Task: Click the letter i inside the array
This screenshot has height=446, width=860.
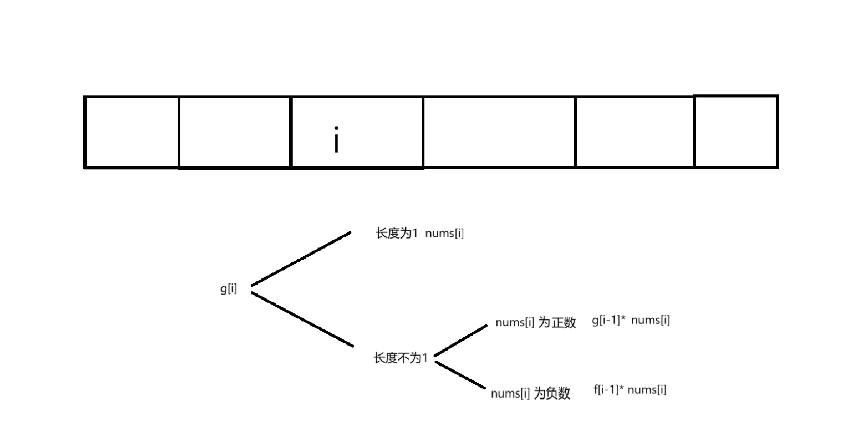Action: pos(336,140)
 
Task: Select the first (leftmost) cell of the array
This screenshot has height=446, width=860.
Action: pos(132,132)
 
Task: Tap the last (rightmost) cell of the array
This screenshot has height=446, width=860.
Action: pos(736,132)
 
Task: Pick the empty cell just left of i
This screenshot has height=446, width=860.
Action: pos(234,132)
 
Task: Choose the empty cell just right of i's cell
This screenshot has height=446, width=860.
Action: pos(499,132)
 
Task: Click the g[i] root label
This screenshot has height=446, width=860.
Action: pos(228,289)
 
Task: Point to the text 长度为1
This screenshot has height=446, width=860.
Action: pos(397,233)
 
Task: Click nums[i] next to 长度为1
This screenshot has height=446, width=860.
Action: pos(444,233)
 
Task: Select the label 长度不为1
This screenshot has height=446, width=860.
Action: pos(400,358)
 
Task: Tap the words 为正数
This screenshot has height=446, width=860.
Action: pos(557,323)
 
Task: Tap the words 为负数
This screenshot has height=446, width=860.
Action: pos(552,393)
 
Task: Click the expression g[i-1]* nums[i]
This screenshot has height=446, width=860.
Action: pos(631,320)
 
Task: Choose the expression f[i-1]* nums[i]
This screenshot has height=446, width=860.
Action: pos(630,390)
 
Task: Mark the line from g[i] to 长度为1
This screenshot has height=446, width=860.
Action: pos(301,259)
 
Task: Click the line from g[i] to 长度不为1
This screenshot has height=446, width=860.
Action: pos(302,319)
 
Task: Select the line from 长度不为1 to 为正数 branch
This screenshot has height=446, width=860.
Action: pos(461,340)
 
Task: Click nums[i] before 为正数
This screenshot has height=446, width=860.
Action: pos(515,323)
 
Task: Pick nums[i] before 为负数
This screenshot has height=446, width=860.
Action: pos(510,393)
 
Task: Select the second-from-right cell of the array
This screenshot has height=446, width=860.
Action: pos(635,132)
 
